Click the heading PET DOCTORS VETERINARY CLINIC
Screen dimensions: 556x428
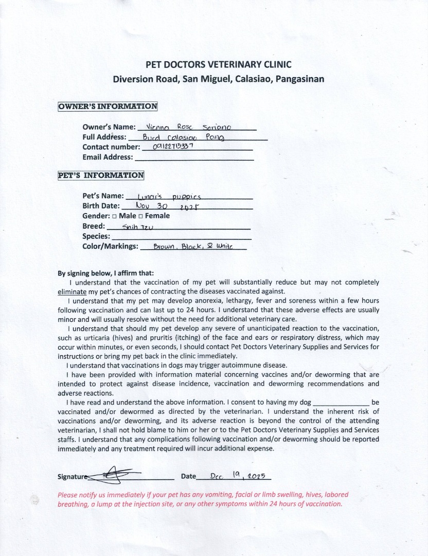coord(219,64)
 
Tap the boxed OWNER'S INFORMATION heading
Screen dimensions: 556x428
coord(108,106)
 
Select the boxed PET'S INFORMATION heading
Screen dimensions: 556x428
coord(101,175)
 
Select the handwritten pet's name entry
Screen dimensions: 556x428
coord(167,196)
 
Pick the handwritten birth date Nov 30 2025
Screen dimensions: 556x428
coord(163,206)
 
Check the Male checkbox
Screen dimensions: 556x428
coord(114,216)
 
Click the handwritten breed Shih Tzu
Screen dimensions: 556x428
coord(134,227)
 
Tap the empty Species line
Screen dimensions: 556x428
coord(181,237)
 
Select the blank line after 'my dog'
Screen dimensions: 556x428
coord(341,403)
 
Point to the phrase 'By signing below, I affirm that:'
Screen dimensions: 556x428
coord(105,273)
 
